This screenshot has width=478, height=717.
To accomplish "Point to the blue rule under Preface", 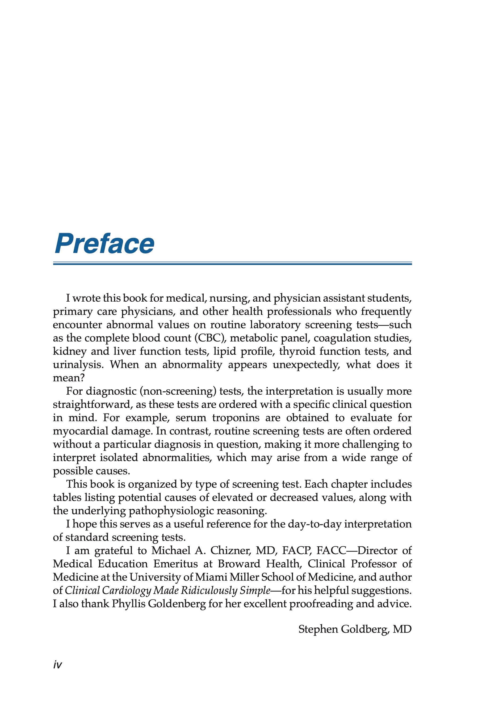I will [x=232, y=263].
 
